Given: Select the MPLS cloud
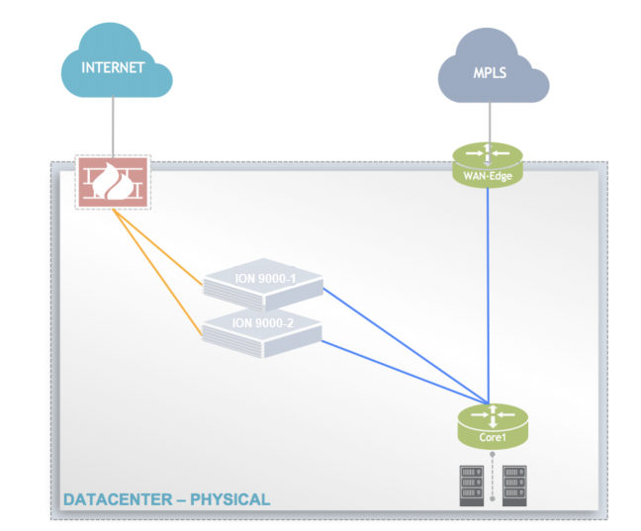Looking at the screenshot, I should click(x=493, y=75).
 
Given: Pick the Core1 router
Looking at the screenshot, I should click(x=492, y=422).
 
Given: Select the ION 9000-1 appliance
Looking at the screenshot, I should click(x=262, y=284).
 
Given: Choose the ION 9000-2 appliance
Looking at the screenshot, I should click(x=263, y=327).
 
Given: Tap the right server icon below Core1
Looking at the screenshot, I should click(x=514, y=485).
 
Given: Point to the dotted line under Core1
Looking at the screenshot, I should click(x=493, y=470).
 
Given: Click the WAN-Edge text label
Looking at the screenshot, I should click(x=488, y=176).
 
